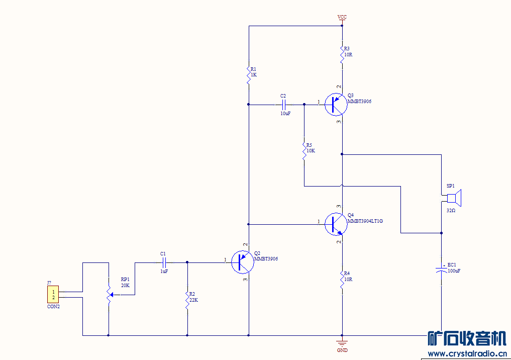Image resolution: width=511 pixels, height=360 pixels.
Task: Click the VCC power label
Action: (x=342, y=17)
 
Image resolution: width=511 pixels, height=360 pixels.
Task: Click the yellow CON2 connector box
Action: (x=53, y=295)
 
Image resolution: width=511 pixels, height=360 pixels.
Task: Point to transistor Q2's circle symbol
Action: (x=243, y=262)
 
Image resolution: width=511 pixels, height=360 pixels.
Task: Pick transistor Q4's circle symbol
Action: (x=335, y=224)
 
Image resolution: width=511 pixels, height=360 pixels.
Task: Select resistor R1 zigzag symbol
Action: (x=248, y=75)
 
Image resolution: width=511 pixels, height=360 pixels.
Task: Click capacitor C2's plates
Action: (x=283, y=105)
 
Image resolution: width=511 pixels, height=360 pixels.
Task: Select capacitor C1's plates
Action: (x=164, y=262)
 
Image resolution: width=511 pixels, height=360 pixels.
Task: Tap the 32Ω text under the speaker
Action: (x=451, y=210)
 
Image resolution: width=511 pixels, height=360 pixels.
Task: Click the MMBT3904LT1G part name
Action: (x=365, y=221)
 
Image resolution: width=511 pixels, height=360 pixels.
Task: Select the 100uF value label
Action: (x=454, y=271)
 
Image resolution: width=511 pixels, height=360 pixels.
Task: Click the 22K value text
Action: (x=193, y=300)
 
